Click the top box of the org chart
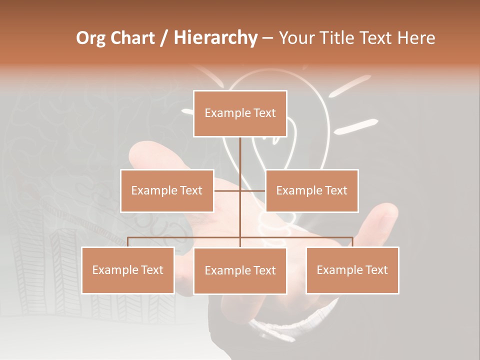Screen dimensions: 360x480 point(240,113)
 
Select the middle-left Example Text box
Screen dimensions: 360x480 point(167,190)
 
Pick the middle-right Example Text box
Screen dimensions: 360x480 point(311,190)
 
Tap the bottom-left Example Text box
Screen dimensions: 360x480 point(128,270)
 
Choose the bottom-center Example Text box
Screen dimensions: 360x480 point(240,270)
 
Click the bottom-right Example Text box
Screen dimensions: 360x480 point(352,270)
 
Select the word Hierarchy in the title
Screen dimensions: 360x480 point(215,38)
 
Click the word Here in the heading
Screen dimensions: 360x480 point(416,38)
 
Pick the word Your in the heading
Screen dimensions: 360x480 point(298,38)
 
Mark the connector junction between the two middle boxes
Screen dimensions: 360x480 point(240,190)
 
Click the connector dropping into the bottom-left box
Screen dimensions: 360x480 point(128,242)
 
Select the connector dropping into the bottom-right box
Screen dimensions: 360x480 point(352,242)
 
